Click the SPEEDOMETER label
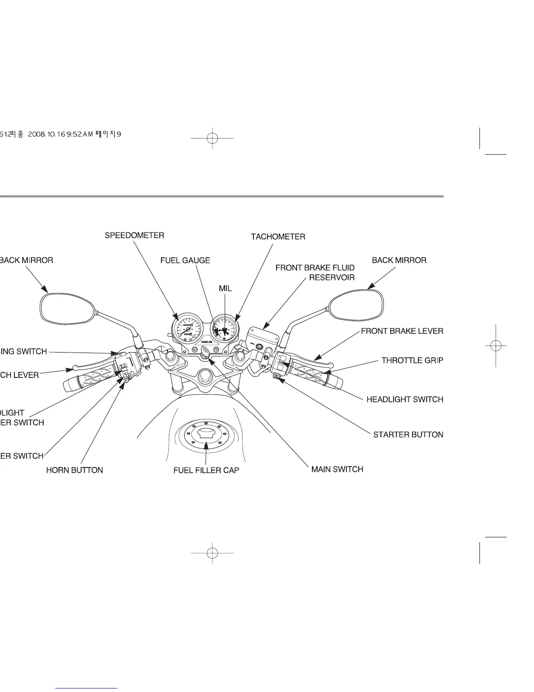(134, 235)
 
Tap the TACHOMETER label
(278, 237)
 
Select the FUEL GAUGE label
(185, 260)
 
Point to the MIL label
(225, 289)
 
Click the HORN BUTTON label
(75, 471)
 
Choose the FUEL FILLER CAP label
(206, 471)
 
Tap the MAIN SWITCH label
(337, 469)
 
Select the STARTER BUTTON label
(408, 435)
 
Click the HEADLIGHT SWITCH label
(405, 399)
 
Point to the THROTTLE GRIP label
(412, 360)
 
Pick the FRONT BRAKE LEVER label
(402, 331)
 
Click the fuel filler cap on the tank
(205, 434)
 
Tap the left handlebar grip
(90, 380)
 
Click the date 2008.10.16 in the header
(45, 135)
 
